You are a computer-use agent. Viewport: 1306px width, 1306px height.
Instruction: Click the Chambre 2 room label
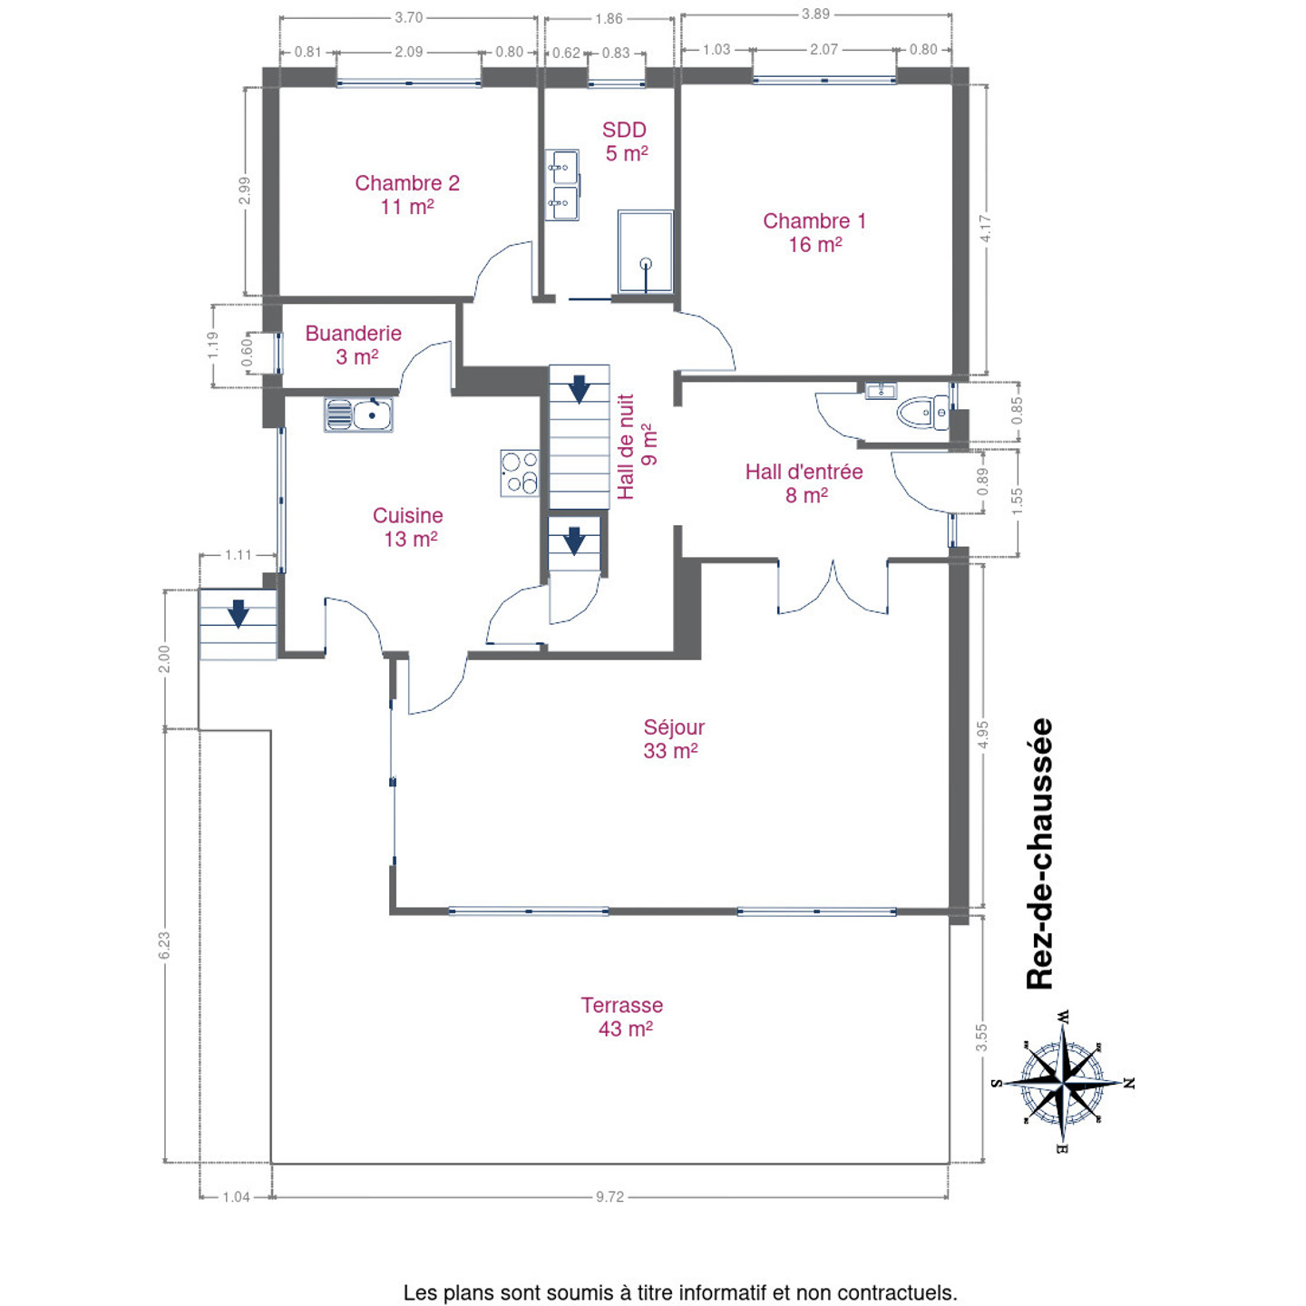point(406,194)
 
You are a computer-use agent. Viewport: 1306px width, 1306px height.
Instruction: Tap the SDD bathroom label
point(625,141)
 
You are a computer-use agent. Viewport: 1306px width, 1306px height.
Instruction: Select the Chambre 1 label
point(814,232)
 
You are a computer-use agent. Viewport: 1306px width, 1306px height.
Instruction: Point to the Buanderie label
point(353,345)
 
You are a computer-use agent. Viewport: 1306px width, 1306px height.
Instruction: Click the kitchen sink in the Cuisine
point(358,414)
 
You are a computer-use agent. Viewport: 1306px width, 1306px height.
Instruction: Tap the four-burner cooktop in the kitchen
point(520,473)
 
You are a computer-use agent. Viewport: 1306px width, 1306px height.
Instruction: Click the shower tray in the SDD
point(645,251)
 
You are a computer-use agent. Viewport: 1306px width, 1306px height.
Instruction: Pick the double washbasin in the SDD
point(561,185)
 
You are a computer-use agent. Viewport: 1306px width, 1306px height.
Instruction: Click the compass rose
point(1062,1082)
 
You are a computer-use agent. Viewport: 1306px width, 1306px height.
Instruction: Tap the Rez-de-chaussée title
point(1040,854)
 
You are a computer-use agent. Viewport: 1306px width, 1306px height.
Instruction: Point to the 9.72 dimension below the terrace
point(609,1197)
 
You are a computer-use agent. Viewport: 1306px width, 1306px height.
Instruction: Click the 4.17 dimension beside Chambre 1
point(986,229)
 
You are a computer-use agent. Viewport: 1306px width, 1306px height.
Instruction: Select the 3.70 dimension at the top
point(409,17)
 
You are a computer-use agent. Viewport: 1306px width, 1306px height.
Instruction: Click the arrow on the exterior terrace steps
point(238,613)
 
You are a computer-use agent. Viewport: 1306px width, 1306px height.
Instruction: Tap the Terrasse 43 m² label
point(622,1018)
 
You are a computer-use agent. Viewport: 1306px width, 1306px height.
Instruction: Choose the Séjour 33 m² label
point(673,739)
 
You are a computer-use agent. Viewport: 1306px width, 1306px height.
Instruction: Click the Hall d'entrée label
point(804,484)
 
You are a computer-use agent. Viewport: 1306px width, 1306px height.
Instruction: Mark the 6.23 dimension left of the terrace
point(164,946)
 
